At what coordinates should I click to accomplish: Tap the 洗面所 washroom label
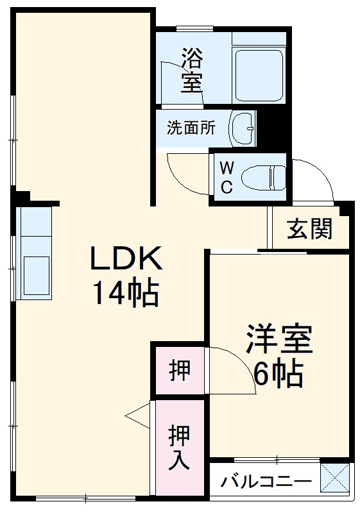(191, 128)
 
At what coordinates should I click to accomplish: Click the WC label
(227, 178)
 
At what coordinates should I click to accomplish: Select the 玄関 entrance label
(309, 229)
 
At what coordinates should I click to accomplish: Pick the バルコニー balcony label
(266, 482)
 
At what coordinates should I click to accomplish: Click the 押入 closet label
(179, 448)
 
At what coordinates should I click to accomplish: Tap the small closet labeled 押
(179, 371)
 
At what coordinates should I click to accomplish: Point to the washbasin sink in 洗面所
(244, 128)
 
